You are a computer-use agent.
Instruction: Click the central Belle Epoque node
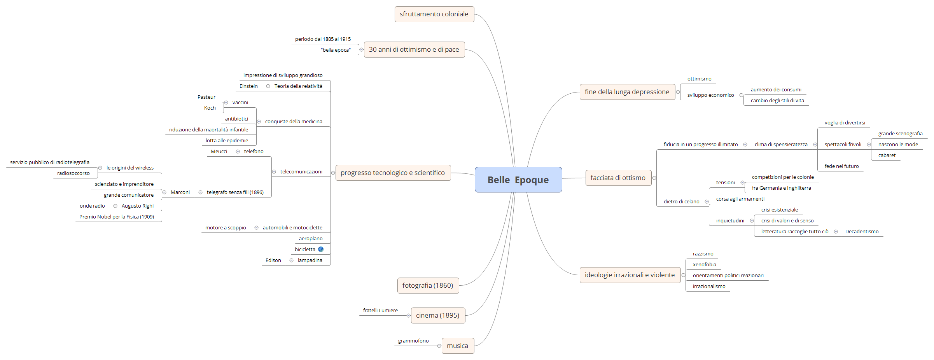click(518, 180)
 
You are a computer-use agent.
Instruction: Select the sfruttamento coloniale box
click(434, 14)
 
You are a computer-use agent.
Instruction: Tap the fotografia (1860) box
click(428, 285)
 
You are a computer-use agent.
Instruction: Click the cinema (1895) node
click(438, 315)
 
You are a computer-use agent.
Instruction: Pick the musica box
click(457, 346)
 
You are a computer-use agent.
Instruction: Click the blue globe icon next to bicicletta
click(321, 249)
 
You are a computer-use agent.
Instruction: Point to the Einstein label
click(248, 86)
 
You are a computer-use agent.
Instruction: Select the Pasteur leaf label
click(206, 97)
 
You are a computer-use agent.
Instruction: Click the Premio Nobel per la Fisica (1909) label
click(117, 217)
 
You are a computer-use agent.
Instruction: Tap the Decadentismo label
click(862, 232)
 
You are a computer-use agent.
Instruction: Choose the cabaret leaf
click(887, 156)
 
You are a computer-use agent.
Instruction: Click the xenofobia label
click(704, 265)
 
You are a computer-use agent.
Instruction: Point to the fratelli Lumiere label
click(380, 311)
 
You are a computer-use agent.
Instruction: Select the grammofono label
click(413, 341)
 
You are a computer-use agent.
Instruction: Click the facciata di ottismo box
click(618, 178)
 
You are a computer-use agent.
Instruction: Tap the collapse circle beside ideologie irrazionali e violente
click(683, 275)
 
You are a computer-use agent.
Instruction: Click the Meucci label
click(219, 152)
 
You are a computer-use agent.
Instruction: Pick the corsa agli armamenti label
click(740, 199)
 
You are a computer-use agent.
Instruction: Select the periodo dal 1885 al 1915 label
click(323, 39)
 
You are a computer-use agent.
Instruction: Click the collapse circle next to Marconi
click(164, 192)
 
